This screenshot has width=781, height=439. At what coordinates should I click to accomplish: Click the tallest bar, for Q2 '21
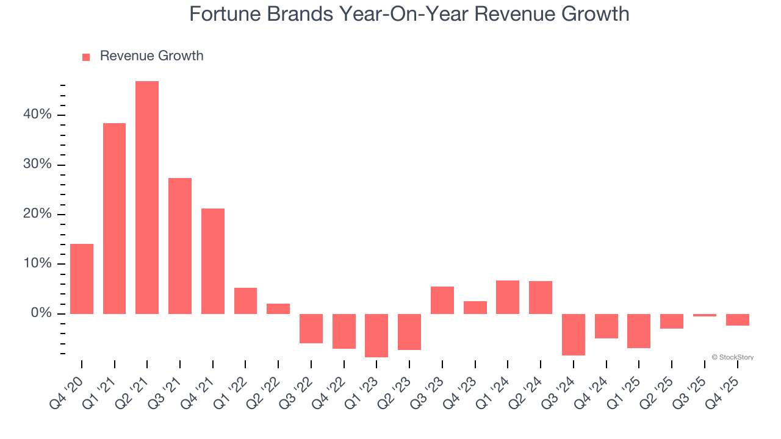(147, 198)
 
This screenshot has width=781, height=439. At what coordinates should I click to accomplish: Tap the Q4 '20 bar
(82, 279)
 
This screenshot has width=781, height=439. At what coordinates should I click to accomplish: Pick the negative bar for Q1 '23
(376, 335)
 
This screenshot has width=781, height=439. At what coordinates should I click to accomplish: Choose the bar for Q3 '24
(574, 334)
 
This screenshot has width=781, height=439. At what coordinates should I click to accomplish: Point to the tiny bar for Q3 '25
(705, 315)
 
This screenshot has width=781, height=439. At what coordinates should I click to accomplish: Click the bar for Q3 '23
(442, 300)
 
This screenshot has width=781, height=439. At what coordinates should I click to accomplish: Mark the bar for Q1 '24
(508, 297)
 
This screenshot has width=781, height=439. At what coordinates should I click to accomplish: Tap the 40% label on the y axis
(38, 115)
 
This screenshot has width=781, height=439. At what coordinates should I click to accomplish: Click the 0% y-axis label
(41, 313)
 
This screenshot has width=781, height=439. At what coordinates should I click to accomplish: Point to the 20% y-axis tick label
(38, 215)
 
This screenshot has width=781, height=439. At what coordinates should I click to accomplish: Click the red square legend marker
(86, 57)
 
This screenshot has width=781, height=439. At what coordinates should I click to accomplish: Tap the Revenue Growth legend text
(151, 56)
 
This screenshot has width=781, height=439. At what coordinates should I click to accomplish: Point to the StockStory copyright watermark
(732, 357)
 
